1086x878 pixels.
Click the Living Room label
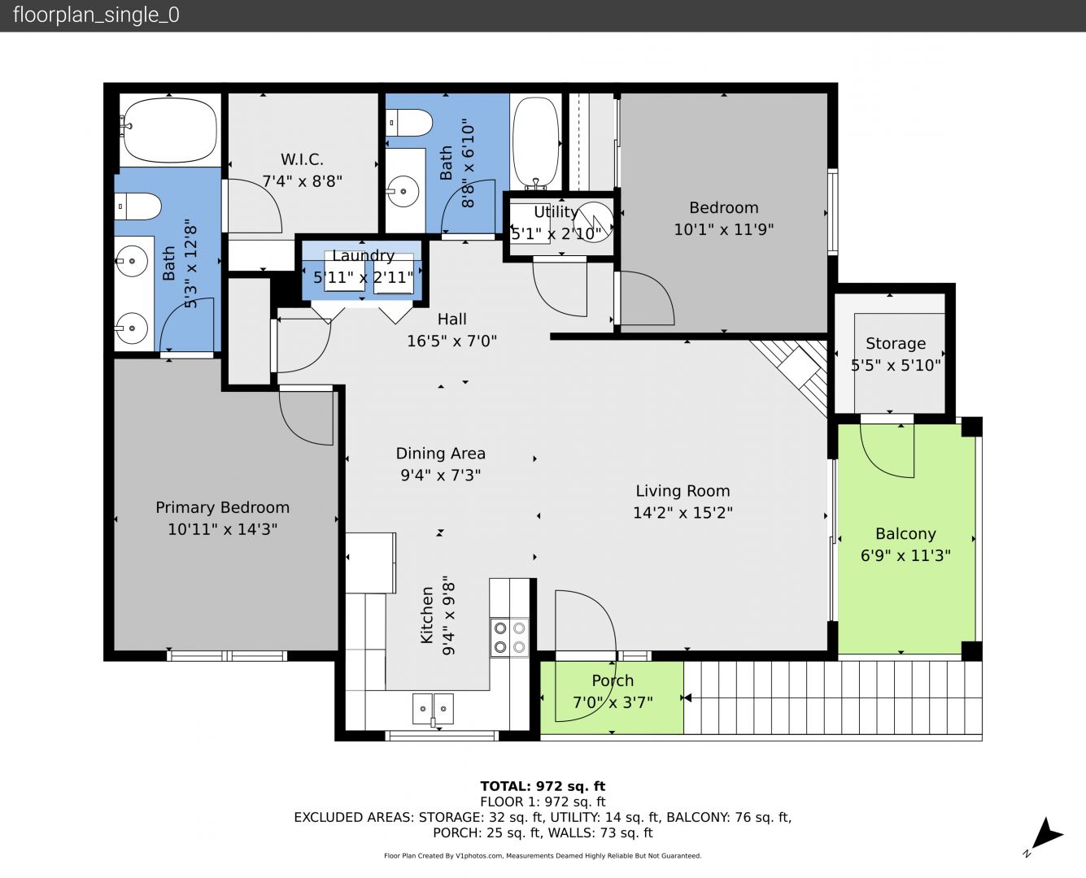[683, 491]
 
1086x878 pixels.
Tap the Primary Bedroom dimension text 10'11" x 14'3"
[222, 529]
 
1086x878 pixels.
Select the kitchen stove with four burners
[509, 637]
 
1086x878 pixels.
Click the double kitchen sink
[432, 708]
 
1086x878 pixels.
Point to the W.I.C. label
[302, 159]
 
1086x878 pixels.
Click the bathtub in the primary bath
[170, 130]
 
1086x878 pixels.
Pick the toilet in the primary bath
[137, 206]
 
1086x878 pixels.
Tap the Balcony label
[905, 533]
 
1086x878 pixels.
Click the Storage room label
[896, 343]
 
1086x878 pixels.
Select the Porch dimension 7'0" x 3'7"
[613, 702]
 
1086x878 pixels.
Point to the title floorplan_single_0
[96, 15]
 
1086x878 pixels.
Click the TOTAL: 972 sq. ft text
[543, 786]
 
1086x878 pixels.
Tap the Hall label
[451, 319]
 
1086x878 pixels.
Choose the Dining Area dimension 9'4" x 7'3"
[441, 475]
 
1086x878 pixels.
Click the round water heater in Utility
[593, 222]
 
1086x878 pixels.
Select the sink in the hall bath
[403, 192]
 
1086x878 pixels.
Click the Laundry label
[363, 255]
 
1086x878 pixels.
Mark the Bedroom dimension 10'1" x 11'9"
[723, 229]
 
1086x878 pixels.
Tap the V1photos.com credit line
[543, 855]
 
